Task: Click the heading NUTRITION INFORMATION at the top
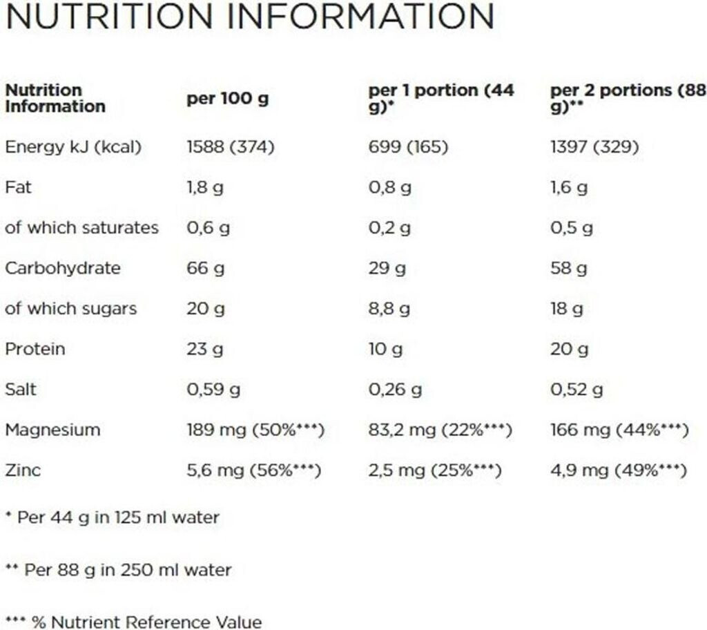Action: tap(250, 17)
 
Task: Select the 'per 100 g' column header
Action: tap(227, 99)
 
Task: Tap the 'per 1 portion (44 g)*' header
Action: tap(441, 99)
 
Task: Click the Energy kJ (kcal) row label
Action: tap(73, 147)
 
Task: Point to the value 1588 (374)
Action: tap(231, 147)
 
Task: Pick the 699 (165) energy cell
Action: tap(408, 147)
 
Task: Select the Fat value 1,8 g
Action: tap(205, 188)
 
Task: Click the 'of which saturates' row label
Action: tap(81, 228)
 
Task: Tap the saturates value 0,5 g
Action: tap(572, 228)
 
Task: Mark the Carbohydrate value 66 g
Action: tap(205, 269)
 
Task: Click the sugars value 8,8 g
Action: tap(389, 309)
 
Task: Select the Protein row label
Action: tap(35, 349)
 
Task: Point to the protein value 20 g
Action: tap(569, 349)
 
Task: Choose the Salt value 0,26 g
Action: tap(395, 390)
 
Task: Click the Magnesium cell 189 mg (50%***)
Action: tap(255, 430)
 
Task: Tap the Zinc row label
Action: tap(23, 471)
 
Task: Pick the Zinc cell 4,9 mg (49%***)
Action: tap(618, 471)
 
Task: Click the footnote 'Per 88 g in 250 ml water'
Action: tap(119, 570)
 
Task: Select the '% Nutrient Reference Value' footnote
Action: tap(134, 622)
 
